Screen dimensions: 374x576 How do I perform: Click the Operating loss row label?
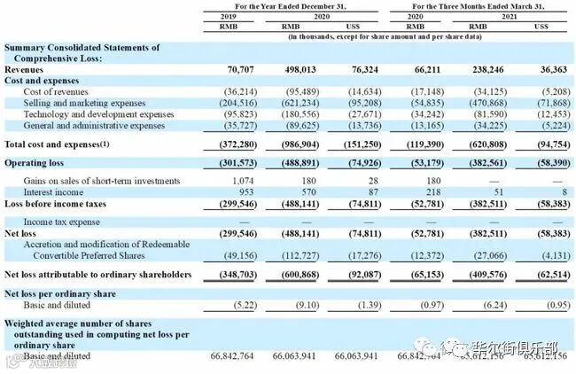click(35, 164)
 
